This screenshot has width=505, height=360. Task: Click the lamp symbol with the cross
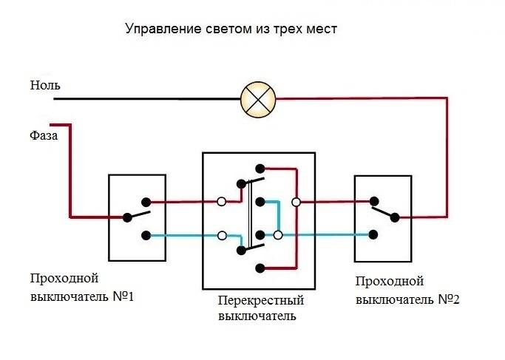[x=258, y=99]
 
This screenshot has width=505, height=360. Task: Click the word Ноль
[x=45, y=85]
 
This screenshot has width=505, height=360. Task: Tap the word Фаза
[x=44, y=135]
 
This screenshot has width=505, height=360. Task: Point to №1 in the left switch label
[x=123, y=296]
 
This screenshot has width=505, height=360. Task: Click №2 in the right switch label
[x=449, y=300]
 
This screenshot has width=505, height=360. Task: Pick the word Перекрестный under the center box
[x=261, y=301]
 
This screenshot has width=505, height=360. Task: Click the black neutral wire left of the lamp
[x=147, y=99]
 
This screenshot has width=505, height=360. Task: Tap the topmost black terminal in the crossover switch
[x=260, y=169]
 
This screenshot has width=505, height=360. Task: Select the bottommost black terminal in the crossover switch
[x=260, y=268]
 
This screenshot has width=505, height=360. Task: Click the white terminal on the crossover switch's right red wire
[x=296, y=203]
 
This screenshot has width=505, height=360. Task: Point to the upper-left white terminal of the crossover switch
[x=221, y=202]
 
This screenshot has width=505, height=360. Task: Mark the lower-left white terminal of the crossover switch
[x=222, y=235]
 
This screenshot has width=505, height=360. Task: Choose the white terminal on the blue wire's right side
[x=278, y=235]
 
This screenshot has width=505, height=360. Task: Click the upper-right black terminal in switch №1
[x=146, y=203]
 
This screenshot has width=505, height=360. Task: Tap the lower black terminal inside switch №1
[x=146, y=236]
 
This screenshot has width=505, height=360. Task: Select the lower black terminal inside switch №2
[x=373, y=234]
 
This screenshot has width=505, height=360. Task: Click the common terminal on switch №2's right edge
[x=395, y=217]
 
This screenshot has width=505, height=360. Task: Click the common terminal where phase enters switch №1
[x=127, y=217]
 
